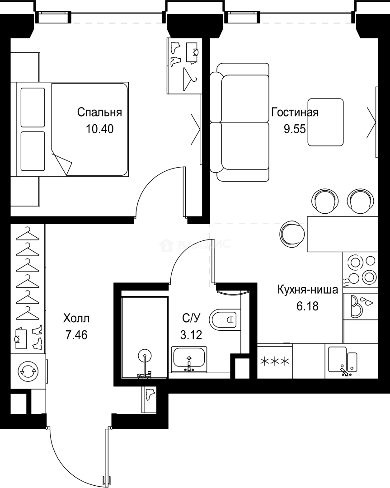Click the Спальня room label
click(99, 112)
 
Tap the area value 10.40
click(99, 129)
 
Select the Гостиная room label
click(295, 112)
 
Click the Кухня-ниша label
click(308, 290)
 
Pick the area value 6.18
click(308, 306)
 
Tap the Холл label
click(76, 319)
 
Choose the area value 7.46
click(76, 335)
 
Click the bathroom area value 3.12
click(190, 335)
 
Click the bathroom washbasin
click(189, 359)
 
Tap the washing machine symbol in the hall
click(26, 372)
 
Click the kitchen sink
click(342, 360)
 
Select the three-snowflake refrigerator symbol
click(274, 361)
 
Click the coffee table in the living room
click(325, 122)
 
